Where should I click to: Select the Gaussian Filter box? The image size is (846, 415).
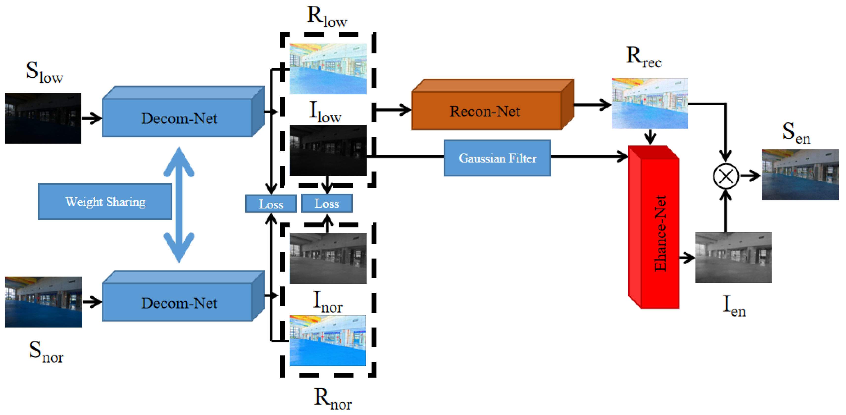click(497, 158)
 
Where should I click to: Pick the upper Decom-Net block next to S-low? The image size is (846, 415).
click(179, 118)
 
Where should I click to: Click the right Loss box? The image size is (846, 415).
click(326, 203)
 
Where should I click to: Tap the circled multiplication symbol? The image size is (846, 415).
click(726, 176)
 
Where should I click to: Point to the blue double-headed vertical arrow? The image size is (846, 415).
click(179, 204)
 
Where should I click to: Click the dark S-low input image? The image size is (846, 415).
click(43, 118)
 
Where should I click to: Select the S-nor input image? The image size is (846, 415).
click(43, 302)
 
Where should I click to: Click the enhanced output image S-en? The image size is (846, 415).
click(800, 175)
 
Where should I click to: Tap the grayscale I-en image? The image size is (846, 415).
click(733, 257)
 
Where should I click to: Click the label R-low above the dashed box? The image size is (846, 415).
click(327, 16)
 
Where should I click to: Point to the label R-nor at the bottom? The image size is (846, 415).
click(332, 399)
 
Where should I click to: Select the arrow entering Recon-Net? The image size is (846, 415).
click(394, 110)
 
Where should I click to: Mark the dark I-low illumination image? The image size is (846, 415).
click(328, 150)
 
